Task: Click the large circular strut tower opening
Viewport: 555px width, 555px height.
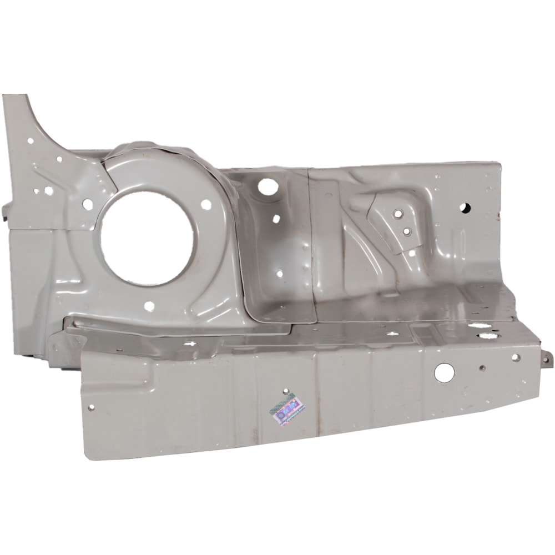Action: (147, 238)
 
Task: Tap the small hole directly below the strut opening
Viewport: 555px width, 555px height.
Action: (149, 305)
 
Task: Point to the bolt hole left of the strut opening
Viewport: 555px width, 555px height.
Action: (87, 204)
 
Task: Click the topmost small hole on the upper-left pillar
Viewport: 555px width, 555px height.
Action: (31, 140)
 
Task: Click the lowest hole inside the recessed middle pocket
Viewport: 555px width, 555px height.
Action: (280, 274)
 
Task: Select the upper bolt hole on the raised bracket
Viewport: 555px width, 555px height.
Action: (398, 214)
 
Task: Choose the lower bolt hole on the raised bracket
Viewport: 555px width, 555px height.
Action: (407, 231)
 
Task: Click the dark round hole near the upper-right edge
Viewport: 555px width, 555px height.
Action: (465, 208)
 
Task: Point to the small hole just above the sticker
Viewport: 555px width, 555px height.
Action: (286, 391)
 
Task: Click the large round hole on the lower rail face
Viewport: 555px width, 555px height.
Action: (443, 372)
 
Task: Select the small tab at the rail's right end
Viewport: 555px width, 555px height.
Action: (547, 360)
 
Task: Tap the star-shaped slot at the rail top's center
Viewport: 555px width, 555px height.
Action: (392, 334)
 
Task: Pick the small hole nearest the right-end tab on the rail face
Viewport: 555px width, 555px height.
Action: (516, 357)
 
